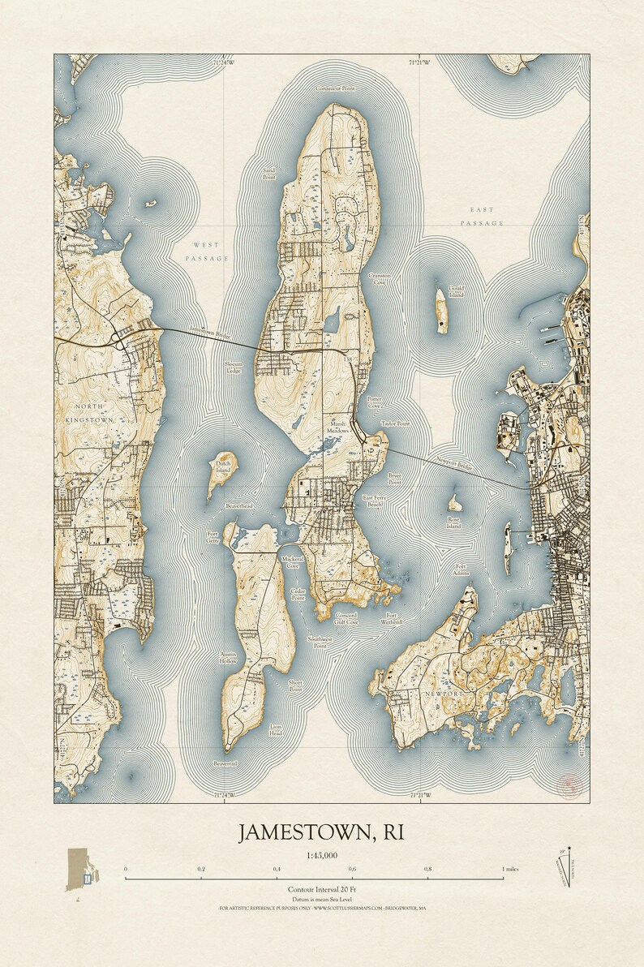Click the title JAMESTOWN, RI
[320, 833]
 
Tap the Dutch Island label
[224, 467]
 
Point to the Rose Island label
[453, 522]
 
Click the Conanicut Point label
[335, 88]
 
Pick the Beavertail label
[225, 763]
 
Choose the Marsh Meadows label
[338, 427]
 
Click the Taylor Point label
[395, 423]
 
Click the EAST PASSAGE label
[483, 215]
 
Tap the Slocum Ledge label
[234, 367]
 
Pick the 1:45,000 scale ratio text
[322, 856]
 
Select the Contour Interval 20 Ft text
[322, 890]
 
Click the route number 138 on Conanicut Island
[349, 358]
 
